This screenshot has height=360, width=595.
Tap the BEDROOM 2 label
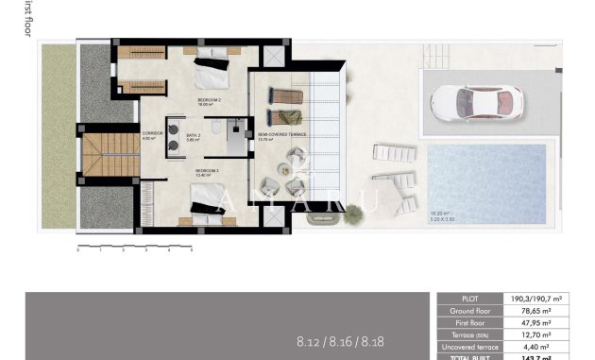[x=210, y=100]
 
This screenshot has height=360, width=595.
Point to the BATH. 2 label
[x=194, y=135]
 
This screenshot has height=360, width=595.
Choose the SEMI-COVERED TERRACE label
[x=282, y=134]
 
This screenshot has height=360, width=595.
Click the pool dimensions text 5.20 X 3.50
[x=443, y=219]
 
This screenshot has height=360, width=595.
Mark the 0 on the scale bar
[x=78, y=251]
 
